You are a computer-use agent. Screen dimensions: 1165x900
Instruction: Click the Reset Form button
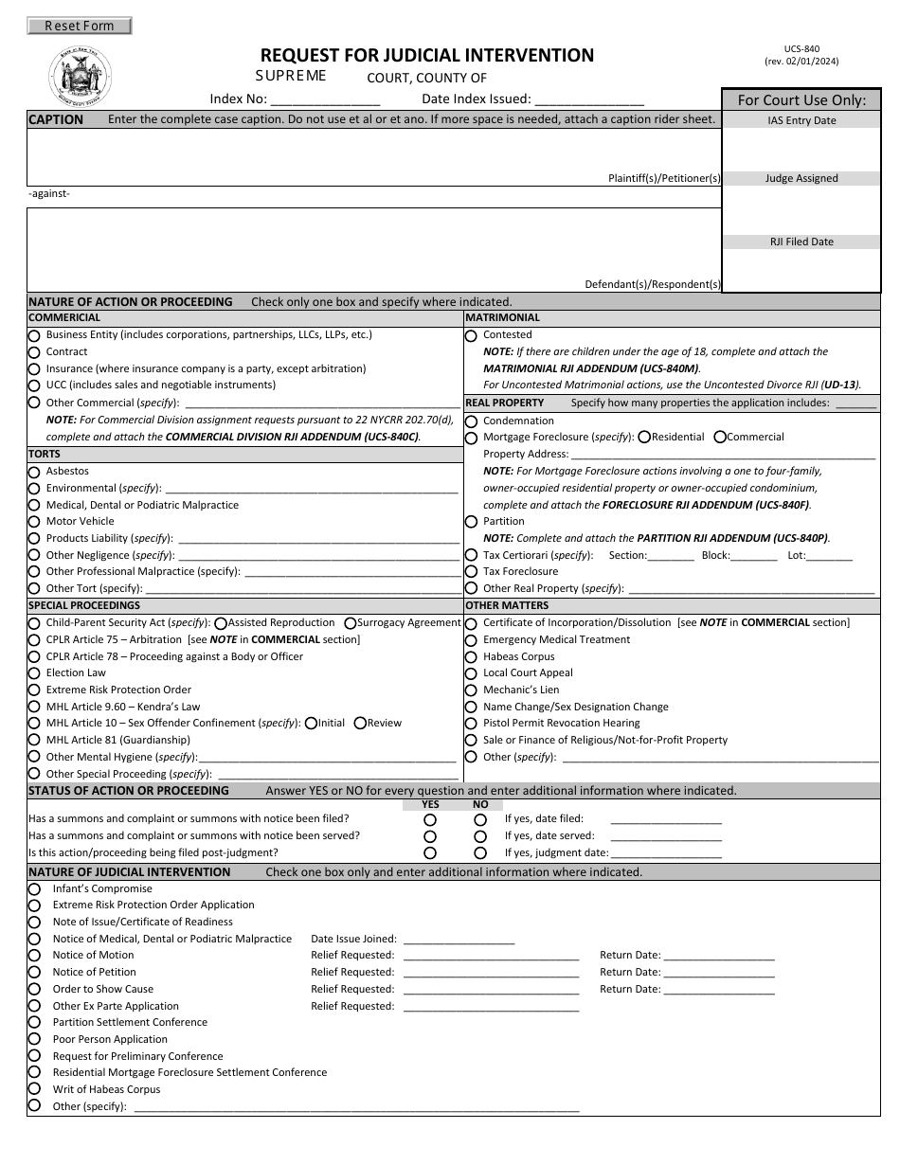point(80,27)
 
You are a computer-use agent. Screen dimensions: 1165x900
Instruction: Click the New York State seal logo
point(80,78)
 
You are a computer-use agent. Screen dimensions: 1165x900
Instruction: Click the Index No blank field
point(325,99)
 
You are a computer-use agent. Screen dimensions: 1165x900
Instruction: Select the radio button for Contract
point(34,352)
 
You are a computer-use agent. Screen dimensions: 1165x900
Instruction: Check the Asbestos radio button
point(34,472)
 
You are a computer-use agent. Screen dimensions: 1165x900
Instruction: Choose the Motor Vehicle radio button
point(34,522)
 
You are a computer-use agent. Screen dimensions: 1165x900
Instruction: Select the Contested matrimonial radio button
point(471,335)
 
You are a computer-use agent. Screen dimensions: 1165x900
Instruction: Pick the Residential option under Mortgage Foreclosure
point(644,438)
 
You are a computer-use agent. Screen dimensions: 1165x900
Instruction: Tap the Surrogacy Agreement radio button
point(351,623)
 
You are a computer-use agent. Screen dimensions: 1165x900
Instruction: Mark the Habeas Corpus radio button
point(471,657)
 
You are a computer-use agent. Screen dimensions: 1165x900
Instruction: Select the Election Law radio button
point(34,673)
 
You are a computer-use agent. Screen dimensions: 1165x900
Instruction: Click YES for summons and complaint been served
point(430,836)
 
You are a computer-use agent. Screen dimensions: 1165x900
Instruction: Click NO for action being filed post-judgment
point(480,853)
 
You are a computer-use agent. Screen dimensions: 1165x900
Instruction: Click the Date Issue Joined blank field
point(459,940)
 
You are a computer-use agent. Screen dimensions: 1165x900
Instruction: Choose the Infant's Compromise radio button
point(34,889)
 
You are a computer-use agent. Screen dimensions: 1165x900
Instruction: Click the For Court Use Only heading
point(801,99)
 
